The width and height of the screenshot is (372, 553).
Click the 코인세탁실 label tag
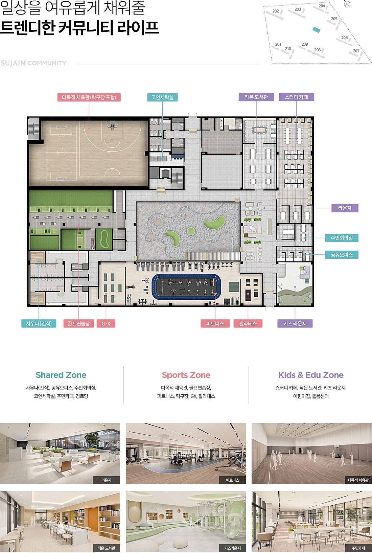click(x=162, y=97)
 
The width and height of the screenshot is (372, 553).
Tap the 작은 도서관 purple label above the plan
click(x=256, y=97)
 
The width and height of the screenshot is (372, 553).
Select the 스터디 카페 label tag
click(x=296, y=97)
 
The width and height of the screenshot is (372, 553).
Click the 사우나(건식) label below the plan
click(x=39, y=323)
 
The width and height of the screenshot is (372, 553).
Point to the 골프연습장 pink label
click(x=79, y=323)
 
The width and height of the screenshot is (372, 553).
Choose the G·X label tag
click(x=106, y=323)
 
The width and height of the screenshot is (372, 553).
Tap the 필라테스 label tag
click(x=248, y=323)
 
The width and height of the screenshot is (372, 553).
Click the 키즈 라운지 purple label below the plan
click(x=295, y=323)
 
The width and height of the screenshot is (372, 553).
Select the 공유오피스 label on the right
click(x=342, y=255)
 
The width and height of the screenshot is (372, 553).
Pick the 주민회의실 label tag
click(x=342, y=238)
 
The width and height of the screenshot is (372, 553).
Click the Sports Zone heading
click(x=186, y=375)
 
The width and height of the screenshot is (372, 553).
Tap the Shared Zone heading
click(x=61, y=375)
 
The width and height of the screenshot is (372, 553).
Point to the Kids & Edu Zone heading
click(x=311, y=375)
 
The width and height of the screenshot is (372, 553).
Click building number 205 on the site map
click(x=334, y=19)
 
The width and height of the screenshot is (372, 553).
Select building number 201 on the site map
click(x=278, y=44)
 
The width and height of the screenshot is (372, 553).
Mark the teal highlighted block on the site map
click(x=316, y=30)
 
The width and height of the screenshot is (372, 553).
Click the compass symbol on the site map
click(x=347, y=4)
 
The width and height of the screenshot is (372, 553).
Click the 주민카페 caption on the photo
click(x=358, y=548)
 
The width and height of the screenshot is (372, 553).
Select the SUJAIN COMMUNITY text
click(x=33, y=63)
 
